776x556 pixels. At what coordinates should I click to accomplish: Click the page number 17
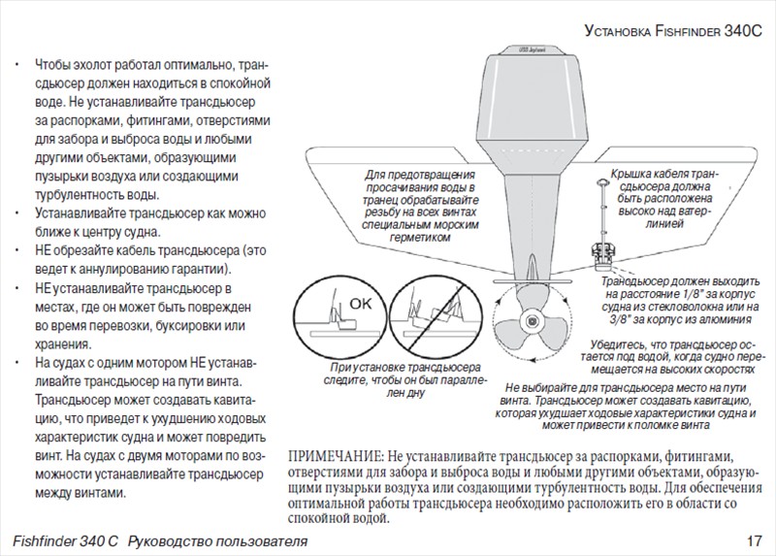click(x=756, y=540)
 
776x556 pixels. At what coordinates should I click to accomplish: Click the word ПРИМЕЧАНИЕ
click(x=336, y=457)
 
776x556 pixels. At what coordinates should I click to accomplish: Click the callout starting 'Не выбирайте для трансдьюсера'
click(x=627, y=405)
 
